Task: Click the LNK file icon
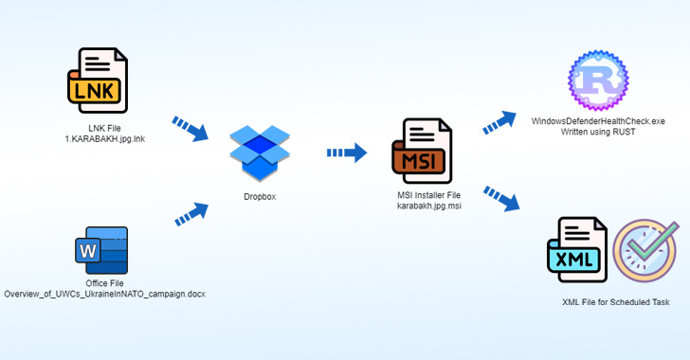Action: coord(98,81)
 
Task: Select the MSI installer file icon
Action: coord(421,152)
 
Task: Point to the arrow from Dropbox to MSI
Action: coord(347,152)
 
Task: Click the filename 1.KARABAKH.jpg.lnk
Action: coord(104,139)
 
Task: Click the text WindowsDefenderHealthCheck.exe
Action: coord(598,121)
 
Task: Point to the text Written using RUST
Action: coord(598,132)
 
